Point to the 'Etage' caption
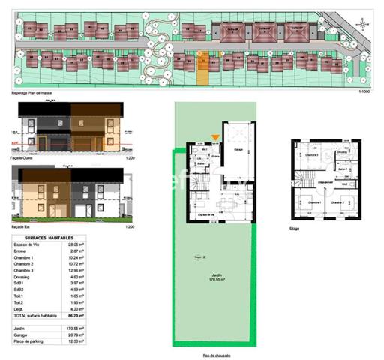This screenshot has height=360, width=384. pyautogui.click(x=294, y=229)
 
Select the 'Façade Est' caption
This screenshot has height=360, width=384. pyautogui.click(x=23, y=226)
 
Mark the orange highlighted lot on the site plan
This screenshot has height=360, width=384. pyautogui.click(x=202, y=68)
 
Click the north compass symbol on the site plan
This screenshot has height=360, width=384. pyautogui.click(x=363, y=25)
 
